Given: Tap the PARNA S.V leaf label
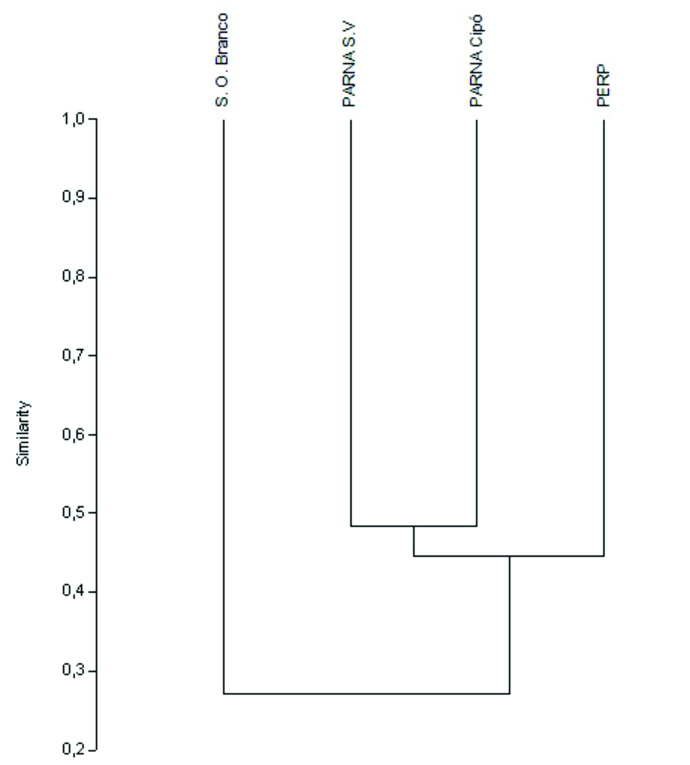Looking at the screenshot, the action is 349,65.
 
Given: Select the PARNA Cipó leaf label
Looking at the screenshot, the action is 476,61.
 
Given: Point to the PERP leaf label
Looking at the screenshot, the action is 603,86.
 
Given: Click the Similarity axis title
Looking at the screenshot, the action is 23,433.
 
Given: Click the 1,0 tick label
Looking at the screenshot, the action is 73,118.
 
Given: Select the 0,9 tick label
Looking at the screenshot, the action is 73,197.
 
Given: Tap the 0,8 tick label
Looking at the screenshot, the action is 73,277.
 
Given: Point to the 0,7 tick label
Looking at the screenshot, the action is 73,355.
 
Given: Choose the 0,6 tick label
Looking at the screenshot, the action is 73,434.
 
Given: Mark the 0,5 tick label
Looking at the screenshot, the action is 73,513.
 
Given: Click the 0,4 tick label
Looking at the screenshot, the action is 73,592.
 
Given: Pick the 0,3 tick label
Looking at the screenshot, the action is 73,671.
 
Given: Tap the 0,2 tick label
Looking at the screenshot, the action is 73,749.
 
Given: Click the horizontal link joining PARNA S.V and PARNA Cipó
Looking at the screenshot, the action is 414,526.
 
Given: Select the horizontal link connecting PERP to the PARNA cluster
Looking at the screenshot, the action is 509,556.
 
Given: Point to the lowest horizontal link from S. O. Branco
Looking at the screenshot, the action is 367,693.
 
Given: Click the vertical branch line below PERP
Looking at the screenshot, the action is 603,338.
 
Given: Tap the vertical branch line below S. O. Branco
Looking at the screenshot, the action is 224,406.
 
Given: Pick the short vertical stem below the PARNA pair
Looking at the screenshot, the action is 414,541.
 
